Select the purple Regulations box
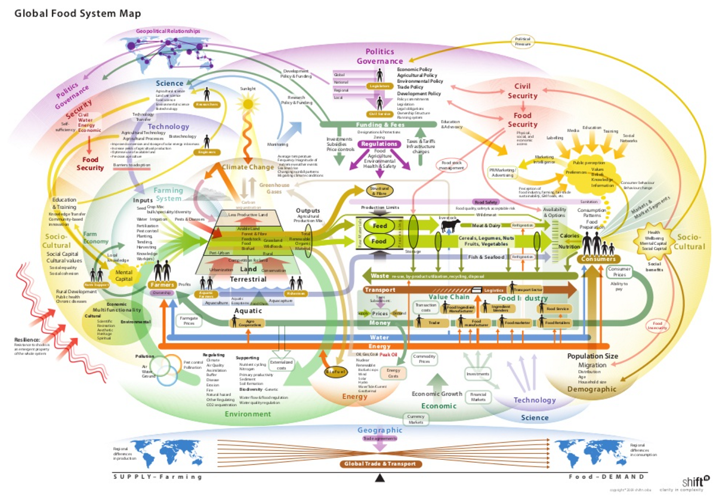[x=379, y=144]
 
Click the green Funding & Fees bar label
[x=381, y=124]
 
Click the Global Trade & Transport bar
[x=381, y=463]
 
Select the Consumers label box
[x=596, y=259]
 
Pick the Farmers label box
[x=161, y=285]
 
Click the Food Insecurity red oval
[x=658, y=326]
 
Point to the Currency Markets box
[x=416, y=419]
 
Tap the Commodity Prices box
[x=425, y=359]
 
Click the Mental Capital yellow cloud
[x=124, y=275]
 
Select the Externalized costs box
[x=282, y=365]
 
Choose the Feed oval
[x=379, y=226]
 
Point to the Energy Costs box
[x=393, y=373]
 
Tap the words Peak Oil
[x=388, y=354]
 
